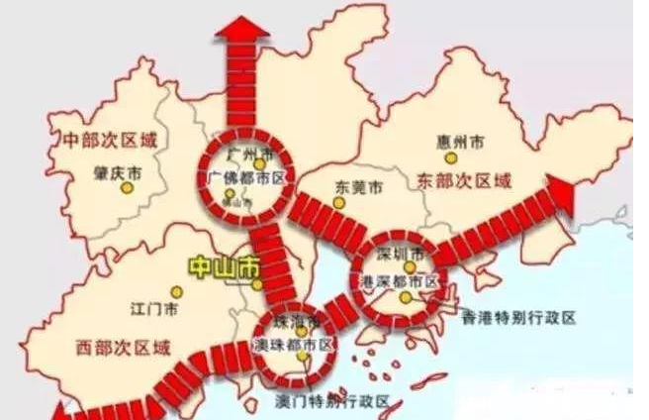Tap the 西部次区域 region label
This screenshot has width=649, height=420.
pyautogui.click(x=123, y=348)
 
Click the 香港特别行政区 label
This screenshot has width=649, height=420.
pyautogui.click(x=518, y=318)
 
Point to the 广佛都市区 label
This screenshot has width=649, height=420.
pyautogui.click(x=246, y=177)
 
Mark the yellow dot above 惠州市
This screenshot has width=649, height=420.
pyautogui.click(x=451, y=157)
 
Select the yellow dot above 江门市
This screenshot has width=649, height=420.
pyautogui.click(x=176, y=292)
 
